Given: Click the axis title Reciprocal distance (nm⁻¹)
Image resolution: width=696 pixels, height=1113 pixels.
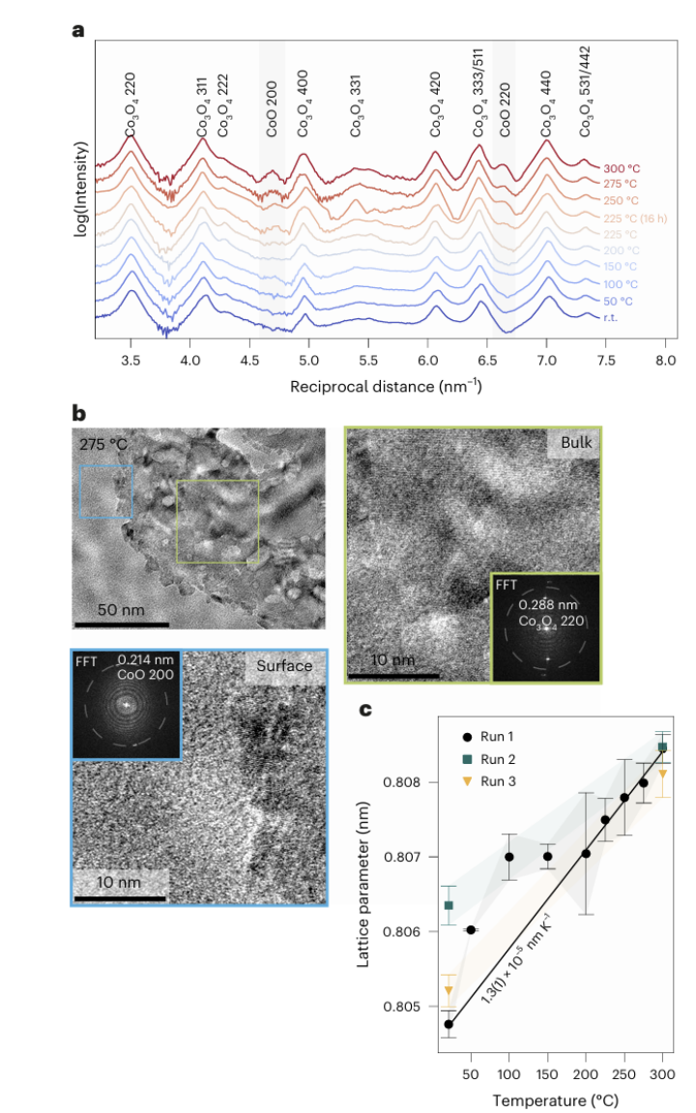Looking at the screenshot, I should tap(386, 386).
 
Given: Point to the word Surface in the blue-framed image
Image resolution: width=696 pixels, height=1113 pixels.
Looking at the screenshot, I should tap(284, 666).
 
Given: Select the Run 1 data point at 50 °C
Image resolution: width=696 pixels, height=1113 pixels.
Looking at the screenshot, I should tap(471, 929).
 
